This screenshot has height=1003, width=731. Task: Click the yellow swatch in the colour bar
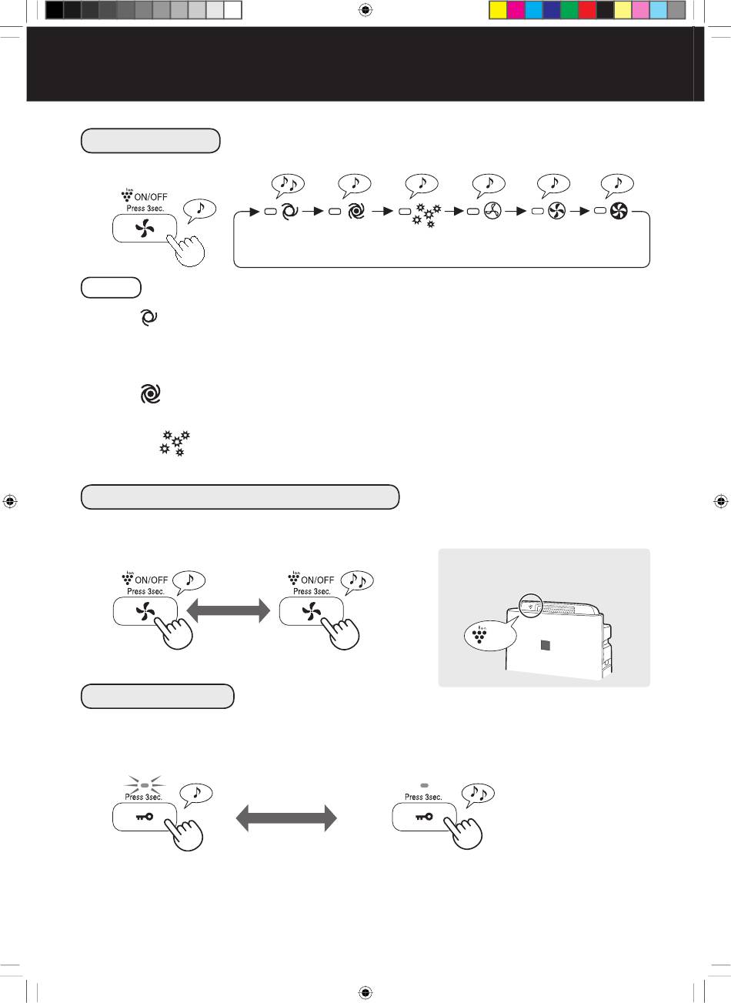498,10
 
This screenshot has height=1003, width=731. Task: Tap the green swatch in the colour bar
569,10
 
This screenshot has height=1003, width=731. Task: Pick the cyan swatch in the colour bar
533,10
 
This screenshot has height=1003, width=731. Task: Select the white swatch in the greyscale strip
233,10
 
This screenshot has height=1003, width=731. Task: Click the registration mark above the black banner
365,10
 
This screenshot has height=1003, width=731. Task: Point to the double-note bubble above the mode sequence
287,185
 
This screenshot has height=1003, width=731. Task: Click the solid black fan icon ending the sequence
619,211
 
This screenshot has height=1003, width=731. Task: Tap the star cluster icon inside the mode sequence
426,215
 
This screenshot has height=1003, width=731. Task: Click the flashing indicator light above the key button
145,785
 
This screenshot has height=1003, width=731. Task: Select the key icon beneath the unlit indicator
424,817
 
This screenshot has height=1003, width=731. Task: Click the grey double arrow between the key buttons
286,818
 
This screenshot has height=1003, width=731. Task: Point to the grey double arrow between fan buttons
228,611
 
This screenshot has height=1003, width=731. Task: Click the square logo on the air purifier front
546,646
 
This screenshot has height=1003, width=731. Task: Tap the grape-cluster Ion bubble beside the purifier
490,634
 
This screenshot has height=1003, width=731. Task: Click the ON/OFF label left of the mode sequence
150,197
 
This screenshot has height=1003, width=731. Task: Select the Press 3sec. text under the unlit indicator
423,797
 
